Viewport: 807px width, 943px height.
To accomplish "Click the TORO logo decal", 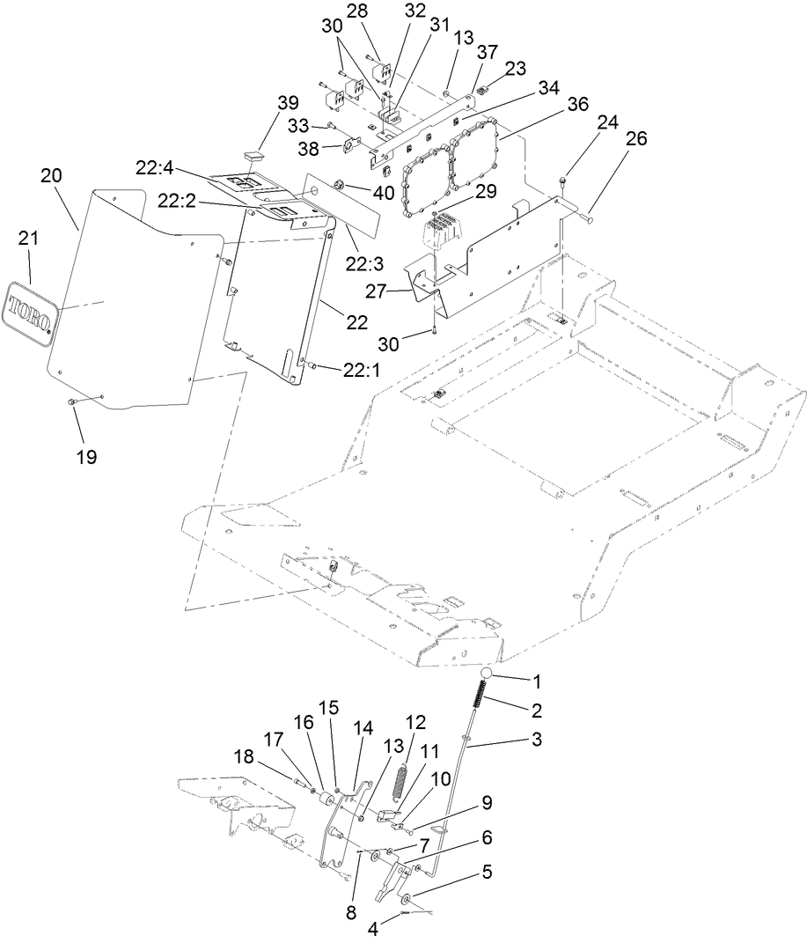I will (x=32, y=313).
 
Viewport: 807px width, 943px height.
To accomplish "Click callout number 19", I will (x=85, y=457).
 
